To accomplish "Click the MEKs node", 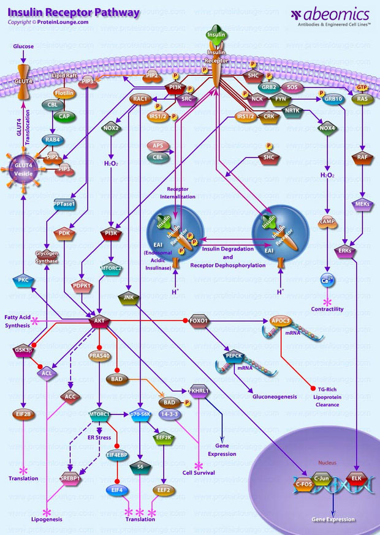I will click(362, 204).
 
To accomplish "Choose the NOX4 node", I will click(327, 129).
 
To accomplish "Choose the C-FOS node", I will click(303, 484).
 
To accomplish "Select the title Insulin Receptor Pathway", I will click(74, 12).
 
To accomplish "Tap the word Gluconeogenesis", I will click(275, 397).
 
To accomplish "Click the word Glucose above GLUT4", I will click(23, 46).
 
